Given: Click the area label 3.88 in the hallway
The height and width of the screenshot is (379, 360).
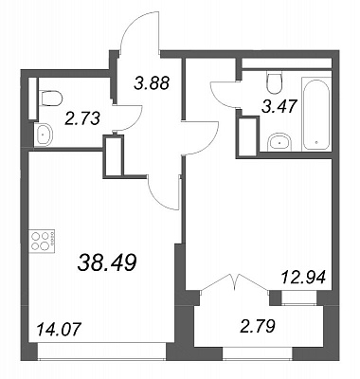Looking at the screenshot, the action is point(153,83).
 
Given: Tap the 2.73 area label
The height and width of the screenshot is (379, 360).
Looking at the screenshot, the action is point(82,119).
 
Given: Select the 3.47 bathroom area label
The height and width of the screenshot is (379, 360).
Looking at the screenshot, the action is point(279,106).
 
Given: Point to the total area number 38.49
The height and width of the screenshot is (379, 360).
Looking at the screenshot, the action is point(107,263).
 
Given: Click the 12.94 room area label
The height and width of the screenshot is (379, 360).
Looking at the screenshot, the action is point(302,279).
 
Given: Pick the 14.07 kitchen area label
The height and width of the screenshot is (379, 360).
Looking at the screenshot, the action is point(60,331).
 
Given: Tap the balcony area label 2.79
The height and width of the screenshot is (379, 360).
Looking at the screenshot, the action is point(257,326).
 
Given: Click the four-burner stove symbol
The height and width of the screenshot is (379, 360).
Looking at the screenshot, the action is point(42,242).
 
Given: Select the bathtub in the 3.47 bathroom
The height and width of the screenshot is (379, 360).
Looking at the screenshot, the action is point(316,114).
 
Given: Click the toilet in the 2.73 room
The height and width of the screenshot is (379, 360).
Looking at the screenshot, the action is point(50,98).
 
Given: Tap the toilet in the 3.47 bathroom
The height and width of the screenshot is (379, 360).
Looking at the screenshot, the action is point(274,82).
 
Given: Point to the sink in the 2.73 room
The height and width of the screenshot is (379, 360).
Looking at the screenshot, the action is point(44,135).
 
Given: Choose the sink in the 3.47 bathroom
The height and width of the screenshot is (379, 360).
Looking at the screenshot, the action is point(280,142).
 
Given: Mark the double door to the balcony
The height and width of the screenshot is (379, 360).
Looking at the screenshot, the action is point(235,282).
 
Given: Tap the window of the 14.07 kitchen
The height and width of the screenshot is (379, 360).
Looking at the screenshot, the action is point(101,352).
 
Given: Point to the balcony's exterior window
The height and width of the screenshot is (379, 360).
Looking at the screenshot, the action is point(258,353).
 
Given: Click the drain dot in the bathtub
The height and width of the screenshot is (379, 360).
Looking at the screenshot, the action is point(316,142).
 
